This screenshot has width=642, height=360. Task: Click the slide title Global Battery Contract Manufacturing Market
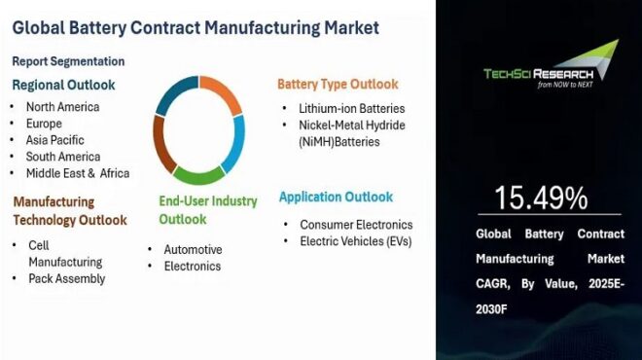[x=196, y=27]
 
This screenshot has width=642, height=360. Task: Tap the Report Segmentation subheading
[x=69, y=61]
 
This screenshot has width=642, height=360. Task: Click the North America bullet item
[x=63, y=107]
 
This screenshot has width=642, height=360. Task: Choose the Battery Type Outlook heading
[x=339, y=85]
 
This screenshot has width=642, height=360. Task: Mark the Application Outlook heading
[x=336, y=198]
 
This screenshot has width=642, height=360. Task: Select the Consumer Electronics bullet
[x=356, y=225]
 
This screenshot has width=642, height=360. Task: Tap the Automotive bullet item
[x=193, y=249]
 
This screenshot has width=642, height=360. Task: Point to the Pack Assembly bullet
[x=66, y=278]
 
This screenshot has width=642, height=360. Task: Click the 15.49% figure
[x=541, y=198]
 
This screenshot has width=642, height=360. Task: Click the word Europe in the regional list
[x=45, y=124]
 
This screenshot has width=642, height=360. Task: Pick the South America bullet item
[x=63, y=157]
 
